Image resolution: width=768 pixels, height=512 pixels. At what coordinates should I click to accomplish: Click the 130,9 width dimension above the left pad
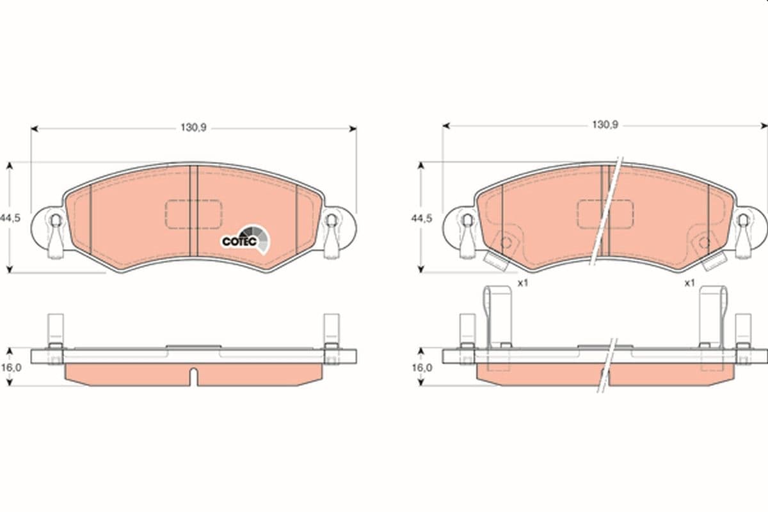pos(193,128)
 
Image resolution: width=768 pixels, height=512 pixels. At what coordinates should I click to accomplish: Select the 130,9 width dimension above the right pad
pos(604,125)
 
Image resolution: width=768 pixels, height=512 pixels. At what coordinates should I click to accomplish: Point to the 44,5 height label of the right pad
pos(422,218)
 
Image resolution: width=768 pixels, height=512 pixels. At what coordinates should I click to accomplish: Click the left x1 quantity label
pos(522,282)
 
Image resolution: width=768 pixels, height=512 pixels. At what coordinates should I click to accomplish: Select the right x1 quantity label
pos(689,282)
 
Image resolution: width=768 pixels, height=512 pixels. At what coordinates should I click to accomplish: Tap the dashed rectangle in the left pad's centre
pos(193,213)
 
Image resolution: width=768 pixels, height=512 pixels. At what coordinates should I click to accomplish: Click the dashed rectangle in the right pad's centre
pos(605,213)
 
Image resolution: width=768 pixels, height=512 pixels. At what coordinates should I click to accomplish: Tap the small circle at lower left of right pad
pos(506,243)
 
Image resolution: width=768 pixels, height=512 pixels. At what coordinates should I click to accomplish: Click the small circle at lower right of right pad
pos(704,243)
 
